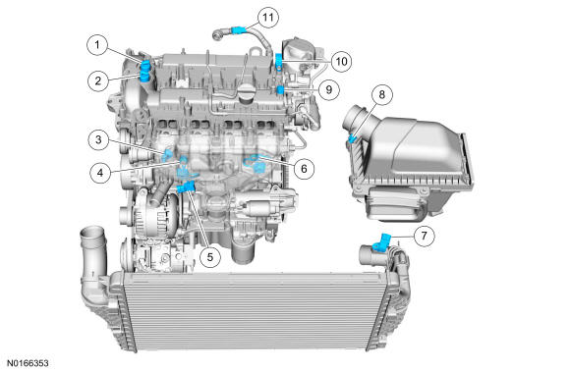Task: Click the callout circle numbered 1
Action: [x=97, y=45]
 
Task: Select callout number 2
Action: [x=98, y=80]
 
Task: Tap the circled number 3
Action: [x=98, y=139]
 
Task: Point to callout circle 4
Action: [x=100, y=173]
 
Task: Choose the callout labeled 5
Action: [x=210, y=257]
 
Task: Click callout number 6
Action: [x=304, y=169]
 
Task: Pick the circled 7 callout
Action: [x=424, y=236]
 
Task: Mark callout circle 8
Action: [x=381, y=95]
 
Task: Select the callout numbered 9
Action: [x=329, y=89]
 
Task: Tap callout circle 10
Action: [x=341, y=62]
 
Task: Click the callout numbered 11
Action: [x=268, y=17]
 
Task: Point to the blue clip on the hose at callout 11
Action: [x=238, y=29]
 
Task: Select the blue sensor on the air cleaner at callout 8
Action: [x=352, y=138]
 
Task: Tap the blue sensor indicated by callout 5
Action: [x=187, y=187]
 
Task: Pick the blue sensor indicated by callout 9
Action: [x=280, y=89]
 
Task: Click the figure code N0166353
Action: [x=28, y=363]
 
